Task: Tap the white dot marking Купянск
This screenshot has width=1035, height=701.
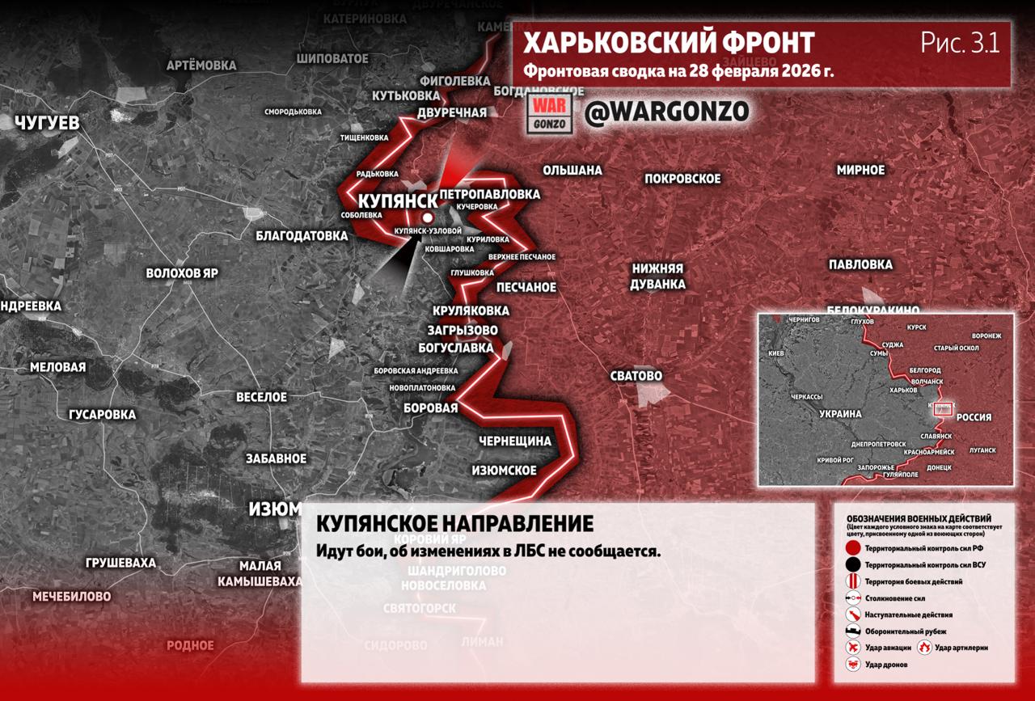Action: [x=428, y=218]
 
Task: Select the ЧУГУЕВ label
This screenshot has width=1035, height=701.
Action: [x=47, y=123]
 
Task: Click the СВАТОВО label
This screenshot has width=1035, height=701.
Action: [x=636, y=376]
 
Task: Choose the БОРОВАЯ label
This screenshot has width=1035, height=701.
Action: [x=431, y=408]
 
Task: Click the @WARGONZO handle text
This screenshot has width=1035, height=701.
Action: [x=667, y=112]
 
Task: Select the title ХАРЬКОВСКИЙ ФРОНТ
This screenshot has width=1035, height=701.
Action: [x=669, y=43]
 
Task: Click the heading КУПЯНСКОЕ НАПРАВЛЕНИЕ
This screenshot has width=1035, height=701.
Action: [x=455, y=524]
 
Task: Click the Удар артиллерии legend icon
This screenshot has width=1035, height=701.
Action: [x=923, y=647]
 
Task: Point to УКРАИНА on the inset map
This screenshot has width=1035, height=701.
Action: [x=840, y=413]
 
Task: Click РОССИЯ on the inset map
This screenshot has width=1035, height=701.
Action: [x=974, y=417]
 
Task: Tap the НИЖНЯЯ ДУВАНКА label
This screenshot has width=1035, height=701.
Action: [x=658, y=277]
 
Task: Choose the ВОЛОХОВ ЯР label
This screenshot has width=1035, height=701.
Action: [x=182, y=273]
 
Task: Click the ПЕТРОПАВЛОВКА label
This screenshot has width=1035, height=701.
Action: [x=490, y=195]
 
